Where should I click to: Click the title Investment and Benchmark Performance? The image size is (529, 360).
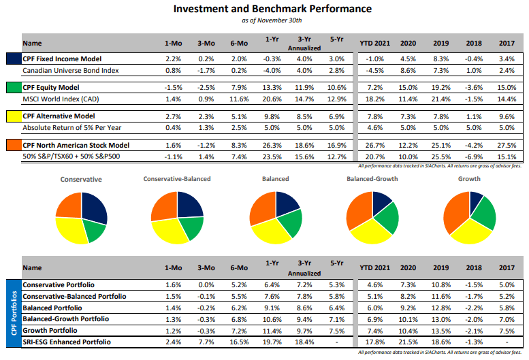click(272, 9)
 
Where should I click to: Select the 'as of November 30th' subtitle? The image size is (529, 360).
click(272, 21)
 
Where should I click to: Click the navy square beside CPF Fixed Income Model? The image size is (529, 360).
click(13, 59)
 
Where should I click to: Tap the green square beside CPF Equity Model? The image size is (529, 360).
click(13, 88)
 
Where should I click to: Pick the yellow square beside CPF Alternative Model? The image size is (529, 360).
click(13, 116)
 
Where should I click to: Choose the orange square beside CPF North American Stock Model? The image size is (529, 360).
click(13, 146)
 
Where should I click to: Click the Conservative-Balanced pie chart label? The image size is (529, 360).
click(177, 179)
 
